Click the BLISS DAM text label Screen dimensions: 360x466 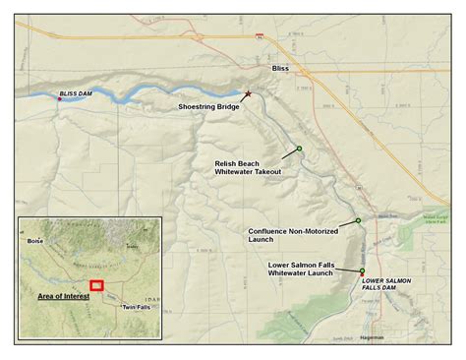coord(75,92)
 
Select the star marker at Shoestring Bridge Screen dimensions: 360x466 coord(248,94)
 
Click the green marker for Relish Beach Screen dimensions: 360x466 coord(299,149)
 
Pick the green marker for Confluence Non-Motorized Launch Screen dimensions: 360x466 coord(358,220)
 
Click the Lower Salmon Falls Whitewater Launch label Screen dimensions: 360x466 coord(309,270)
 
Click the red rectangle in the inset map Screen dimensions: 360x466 coord(96,284)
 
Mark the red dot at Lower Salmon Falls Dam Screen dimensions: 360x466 coord(362,274)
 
